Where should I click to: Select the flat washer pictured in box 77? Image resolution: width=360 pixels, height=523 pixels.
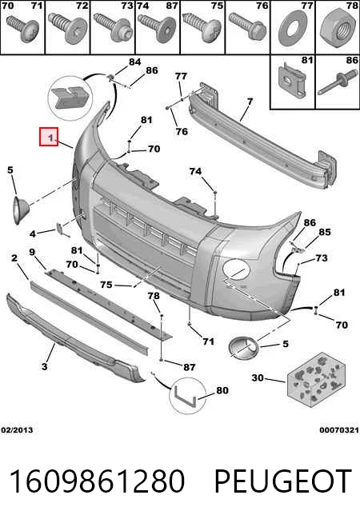coord(293,28)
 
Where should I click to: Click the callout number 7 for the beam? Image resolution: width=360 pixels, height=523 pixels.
coord(250,101)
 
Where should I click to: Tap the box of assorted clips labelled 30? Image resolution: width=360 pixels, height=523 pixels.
coord(316,380)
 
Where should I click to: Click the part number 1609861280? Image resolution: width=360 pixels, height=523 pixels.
coord(97,481)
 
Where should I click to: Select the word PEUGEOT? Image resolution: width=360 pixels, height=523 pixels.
coord(282,481)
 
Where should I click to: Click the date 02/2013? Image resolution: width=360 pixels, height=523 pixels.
coord(17,430)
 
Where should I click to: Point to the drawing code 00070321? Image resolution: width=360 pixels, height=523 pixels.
coord(339,430)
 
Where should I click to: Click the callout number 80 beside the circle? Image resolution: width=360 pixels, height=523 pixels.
coord(222,390)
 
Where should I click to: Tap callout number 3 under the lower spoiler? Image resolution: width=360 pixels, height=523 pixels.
coord(44,366)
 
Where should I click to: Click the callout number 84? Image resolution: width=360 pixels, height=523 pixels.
coord(134,62)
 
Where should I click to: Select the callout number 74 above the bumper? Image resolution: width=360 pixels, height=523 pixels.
coord(195,171)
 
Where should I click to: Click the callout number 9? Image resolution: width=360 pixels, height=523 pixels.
coord(32,252)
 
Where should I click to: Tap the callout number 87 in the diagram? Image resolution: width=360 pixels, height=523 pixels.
coord(189,367)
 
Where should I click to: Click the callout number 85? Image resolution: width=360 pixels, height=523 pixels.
coord(324,232)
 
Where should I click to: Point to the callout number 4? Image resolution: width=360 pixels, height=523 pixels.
coord(32,234)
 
